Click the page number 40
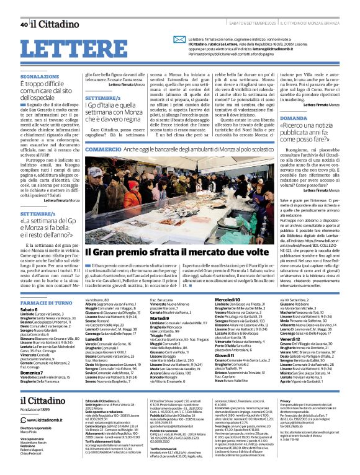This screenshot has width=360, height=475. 24,24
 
